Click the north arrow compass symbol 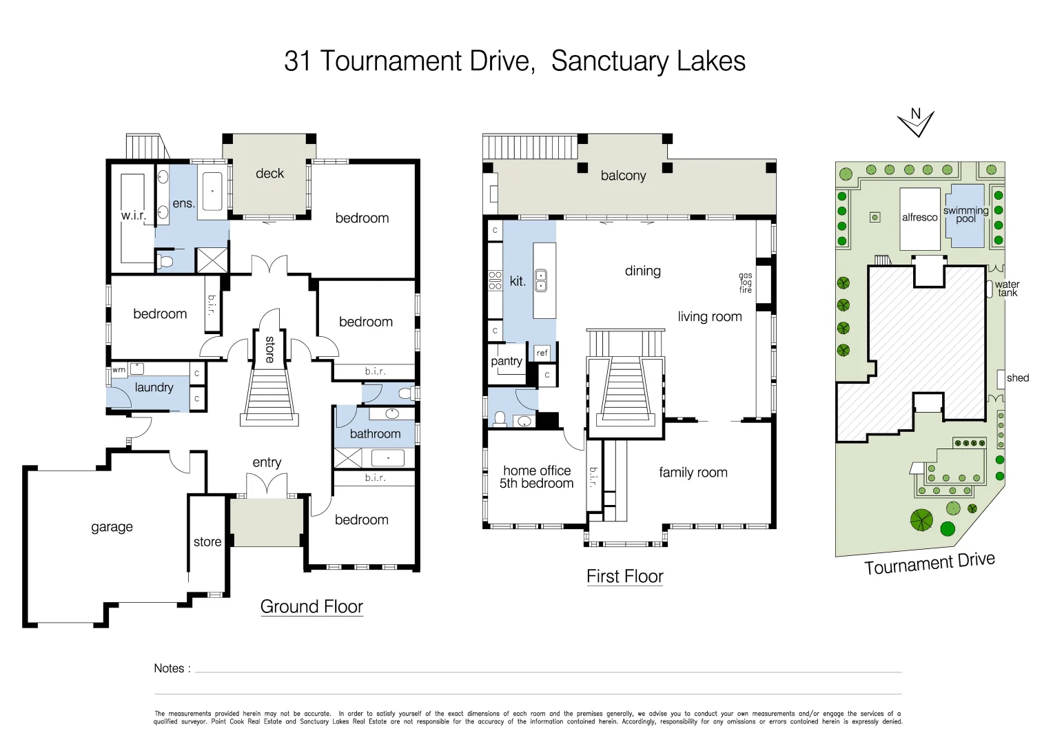[916, 123]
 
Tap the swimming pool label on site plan [965, 214]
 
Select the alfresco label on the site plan [919, 217]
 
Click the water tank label [1007, 288]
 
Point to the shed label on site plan [1017, 378]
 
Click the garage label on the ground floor [112, 527]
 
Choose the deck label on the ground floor [269, 174]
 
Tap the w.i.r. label [133, 215]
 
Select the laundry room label [154, 387]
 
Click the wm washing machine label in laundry [119, 370]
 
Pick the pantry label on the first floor [506, 361]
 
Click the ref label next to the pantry [542, 353]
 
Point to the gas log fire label [746, 282]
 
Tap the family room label [693, 473]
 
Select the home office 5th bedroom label [536, 477]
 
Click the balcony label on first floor [623, 176]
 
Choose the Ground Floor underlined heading [311, 607]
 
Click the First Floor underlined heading [624, 577]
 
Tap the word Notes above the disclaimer [169, 668]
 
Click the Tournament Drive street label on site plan [929, 564]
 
